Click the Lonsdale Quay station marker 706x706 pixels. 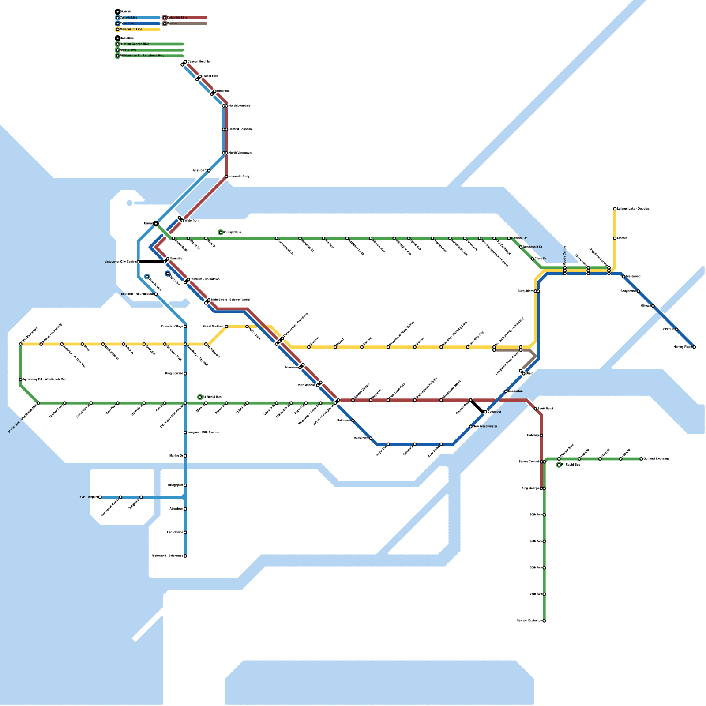point(226,176)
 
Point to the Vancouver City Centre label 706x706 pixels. point(120,262)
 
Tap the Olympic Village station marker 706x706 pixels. point(185,327)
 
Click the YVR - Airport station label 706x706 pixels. point(88,497)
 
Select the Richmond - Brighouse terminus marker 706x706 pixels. point(185,556)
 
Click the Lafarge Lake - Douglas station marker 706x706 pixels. point(615,209)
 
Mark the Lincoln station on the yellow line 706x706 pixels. point(615,238)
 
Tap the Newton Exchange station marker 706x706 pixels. point(544,621)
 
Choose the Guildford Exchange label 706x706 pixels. point(657,459)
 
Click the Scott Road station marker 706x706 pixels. point(535,409)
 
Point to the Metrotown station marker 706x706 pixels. point(371,438)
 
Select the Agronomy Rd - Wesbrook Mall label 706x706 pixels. point(45,379)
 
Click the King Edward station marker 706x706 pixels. point(185,374)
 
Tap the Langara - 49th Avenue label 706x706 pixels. point(203,432)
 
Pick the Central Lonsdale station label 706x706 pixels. point(241,129)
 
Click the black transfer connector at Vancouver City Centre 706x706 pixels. point(151,262)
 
